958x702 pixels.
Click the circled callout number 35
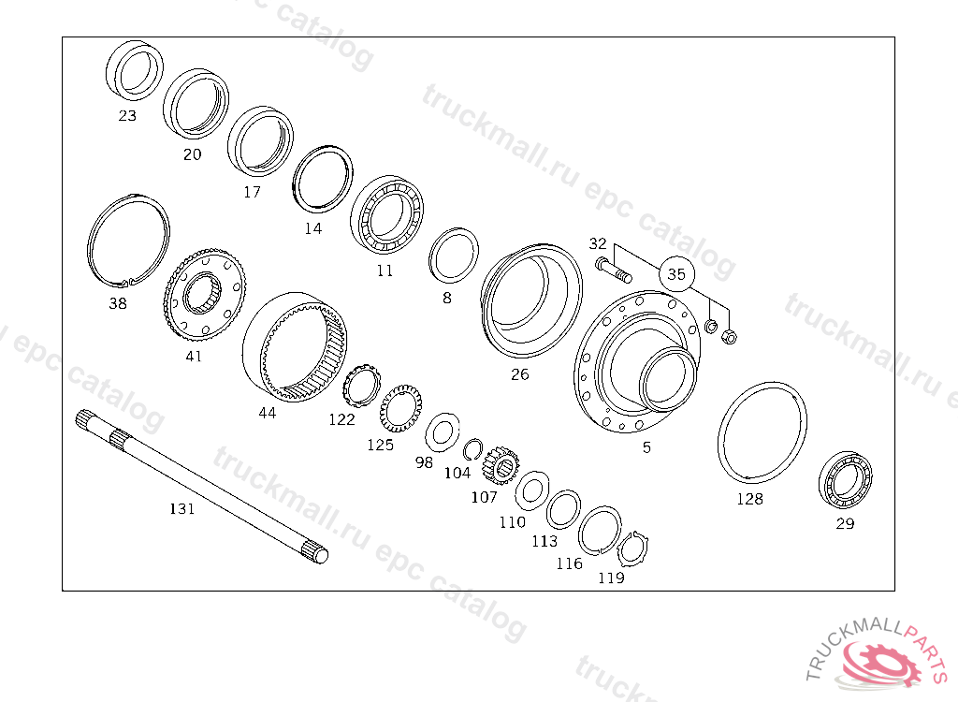(676, 273)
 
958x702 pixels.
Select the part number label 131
(182, 508)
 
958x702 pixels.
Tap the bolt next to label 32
(613, 270)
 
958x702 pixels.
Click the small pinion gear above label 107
(501, 467)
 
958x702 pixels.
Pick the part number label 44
(267, 414)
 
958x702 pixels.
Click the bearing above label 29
(845, 480)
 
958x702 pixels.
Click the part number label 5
(646, 447)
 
